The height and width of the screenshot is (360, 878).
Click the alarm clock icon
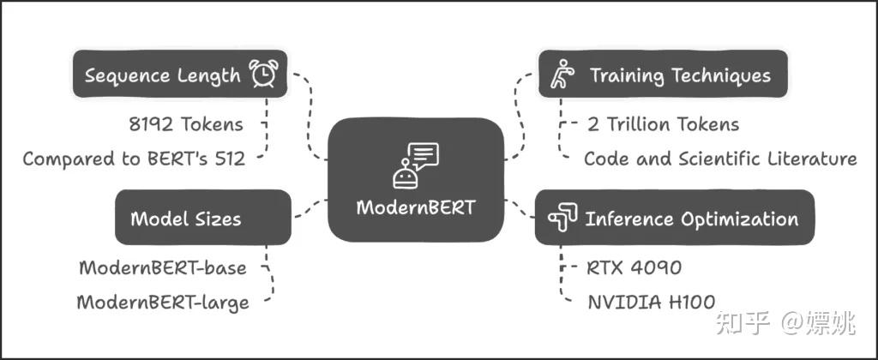coord(263,75)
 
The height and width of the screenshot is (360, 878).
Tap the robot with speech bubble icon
coord(415,165)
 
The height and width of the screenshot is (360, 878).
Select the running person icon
coord(563,75)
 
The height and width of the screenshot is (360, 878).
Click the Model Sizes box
coord(203,218)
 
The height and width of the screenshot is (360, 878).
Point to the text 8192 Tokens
coord(185,124)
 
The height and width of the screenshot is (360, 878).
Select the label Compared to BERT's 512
coord(134,159)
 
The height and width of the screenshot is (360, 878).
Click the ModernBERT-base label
coord(163,267)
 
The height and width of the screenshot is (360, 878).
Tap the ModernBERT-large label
coord(163,302)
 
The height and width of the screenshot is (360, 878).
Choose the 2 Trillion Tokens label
coord(663,124)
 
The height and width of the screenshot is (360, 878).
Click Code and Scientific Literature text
coord(720,159)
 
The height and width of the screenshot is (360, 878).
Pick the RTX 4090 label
coord(634,267)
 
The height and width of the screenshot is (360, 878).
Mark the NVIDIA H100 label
coord(652,302)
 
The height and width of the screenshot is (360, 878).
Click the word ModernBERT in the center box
coord(416,207)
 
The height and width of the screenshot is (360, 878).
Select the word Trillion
coord(643,124)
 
